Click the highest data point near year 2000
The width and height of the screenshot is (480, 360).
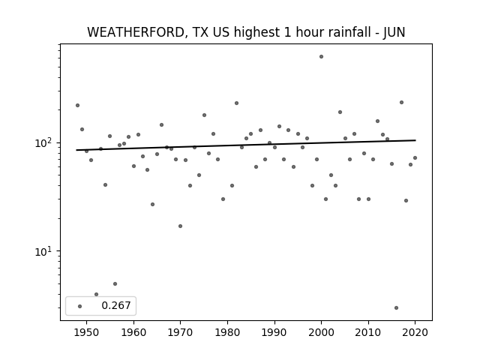(321, 57)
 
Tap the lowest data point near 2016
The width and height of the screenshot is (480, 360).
(397, 308)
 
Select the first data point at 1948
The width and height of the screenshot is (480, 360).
(77, 105)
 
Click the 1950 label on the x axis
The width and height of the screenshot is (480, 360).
(87, 332)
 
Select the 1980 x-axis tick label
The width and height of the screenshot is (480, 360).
(227, 332)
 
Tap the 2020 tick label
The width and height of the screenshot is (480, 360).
(415, 332)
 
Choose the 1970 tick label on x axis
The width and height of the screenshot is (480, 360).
(181, 332)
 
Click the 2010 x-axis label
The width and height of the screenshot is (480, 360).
(368, 332)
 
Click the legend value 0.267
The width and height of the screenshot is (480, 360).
(116, 305)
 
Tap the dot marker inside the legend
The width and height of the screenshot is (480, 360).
(80, 306)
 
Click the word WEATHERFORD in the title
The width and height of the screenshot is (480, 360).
(136, 32)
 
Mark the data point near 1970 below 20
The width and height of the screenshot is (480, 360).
(180, 226)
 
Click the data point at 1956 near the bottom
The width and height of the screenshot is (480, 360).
(115, 283)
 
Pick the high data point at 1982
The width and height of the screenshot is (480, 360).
(237, 103)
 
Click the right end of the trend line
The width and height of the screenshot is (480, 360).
(415, 140)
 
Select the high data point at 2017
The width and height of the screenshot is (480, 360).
(402, 102)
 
